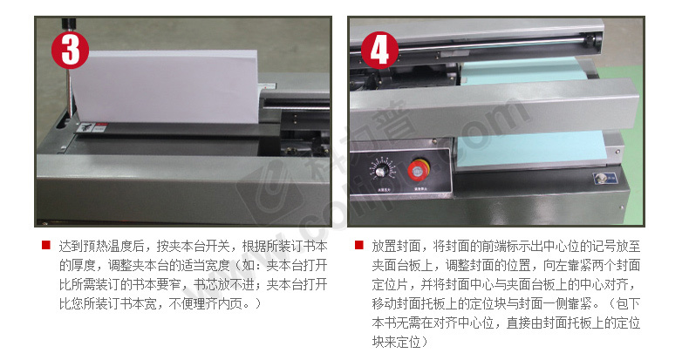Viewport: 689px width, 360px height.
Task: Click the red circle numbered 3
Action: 71,50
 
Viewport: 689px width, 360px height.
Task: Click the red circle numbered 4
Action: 379,50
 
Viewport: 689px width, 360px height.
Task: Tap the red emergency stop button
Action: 418,170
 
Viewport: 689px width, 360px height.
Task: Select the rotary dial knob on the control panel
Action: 380,169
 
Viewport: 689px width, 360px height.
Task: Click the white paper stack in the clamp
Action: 166,86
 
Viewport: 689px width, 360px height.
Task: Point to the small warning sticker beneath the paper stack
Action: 92,127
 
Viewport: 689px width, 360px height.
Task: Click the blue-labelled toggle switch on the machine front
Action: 605,178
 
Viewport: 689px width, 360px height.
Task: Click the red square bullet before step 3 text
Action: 46,245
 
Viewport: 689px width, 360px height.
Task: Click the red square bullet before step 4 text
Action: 359,245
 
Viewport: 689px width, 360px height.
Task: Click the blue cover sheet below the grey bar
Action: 532,151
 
